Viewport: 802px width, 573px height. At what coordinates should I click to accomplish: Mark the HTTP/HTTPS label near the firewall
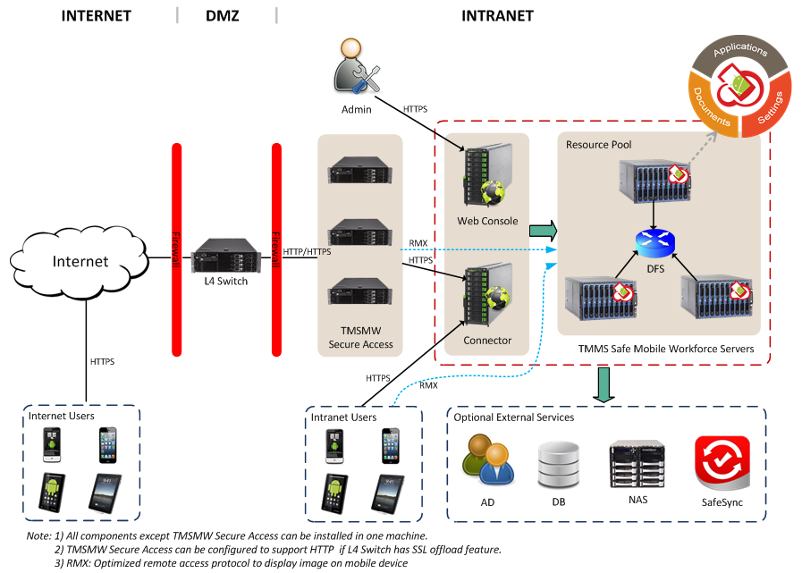point(308,252)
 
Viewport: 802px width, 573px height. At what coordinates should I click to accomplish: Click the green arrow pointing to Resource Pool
point(543,232)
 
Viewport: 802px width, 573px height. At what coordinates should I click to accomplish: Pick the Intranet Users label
point(343,417)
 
